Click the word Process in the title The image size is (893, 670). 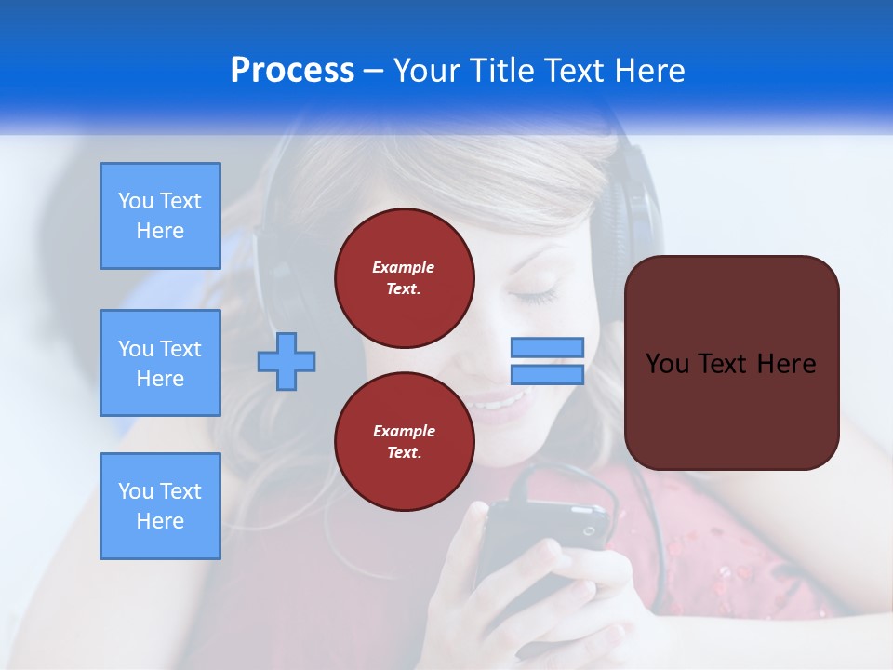(x=292, y=71)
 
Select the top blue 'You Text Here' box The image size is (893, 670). (x=160, y=216)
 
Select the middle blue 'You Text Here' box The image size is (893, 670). (x=160, y=363)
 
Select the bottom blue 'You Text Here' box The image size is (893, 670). (x=160, y=506)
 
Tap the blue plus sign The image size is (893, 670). (x=287, y=361)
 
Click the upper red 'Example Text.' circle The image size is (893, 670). (x=405, y=278)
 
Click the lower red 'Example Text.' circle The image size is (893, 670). (x=405, y=442)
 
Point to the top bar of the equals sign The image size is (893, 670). (x=548, y=348)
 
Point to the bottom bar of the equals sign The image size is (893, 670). (x=548, y=374)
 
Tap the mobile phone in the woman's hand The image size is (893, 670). (x=540, y=540)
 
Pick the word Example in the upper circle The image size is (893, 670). (x=403, y=267)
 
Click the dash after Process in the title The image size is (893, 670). (x=374, y=71)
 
